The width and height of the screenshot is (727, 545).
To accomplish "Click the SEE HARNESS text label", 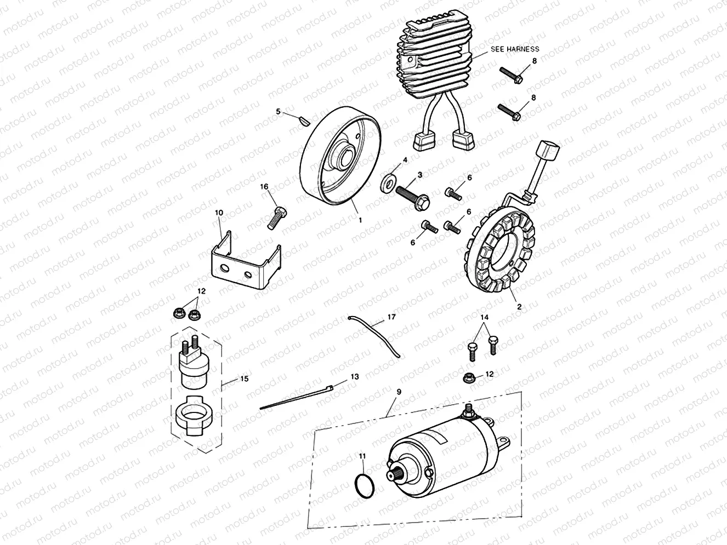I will click(x=514, y=49).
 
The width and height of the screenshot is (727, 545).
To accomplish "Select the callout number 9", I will click(x=399, y=392).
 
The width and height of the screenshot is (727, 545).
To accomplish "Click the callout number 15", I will click(x=244, y=379).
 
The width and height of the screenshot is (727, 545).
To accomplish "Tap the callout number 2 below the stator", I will click(x=519, y=307).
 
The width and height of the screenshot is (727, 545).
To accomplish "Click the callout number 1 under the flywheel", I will click(x=360, y=220).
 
